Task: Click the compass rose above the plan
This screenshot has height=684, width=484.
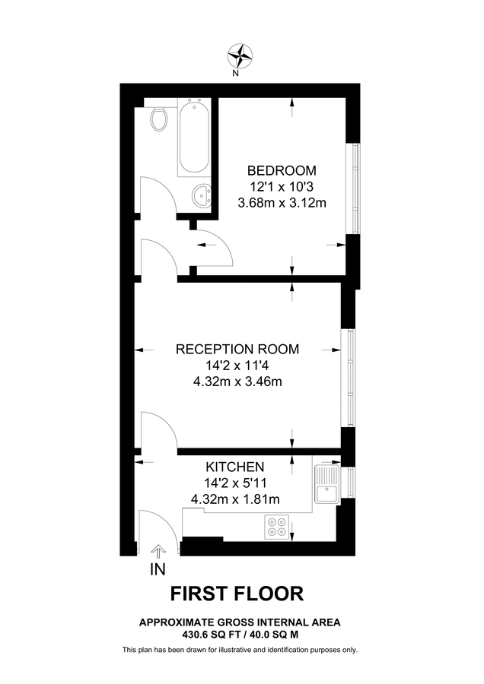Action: tap(241, 55)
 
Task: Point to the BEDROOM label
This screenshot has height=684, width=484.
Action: tap(282, 170)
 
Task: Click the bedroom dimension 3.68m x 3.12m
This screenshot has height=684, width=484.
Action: tap(282, 202)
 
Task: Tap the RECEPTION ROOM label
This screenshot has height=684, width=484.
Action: tap(237, 350)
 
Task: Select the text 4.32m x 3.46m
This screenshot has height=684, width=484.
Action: tap(237, 382)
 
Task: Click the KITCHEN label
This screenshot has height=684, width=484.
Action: tap(235, 467)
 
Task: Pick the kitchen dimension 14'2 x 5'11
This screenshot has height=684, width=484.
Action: tap(235, 483)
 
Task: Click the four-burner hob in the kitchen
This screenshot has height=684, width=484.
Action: tap(277, 527)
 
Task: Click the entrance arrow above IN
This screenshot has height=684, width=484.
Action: tap(158, 551)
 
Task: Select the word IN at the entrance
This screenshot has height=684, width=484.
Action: tap(158, 568)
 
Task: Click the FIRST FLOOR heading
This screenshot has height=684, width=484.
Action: tap(237, 594)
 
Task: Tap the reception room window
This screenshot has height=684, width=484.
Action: tap(348, 378)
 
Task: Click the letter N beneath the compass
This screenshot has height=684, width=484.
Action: tap(236, 74)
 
